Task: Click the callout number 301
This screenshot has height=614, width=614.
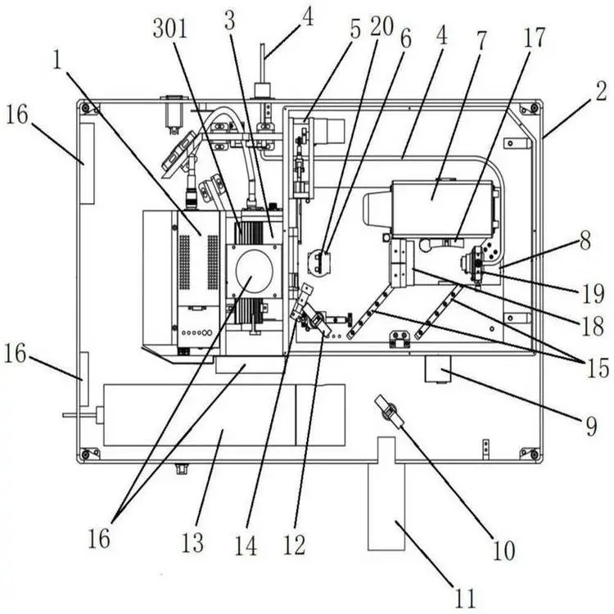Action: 170,29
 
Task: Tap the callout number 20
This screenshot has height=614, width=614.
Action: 381,27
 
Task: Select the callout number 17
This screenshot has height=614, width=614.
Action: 534,38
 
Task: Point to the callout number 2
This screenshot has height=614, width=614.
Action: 601,92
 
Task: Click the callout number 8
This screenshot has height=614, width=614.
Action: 585,241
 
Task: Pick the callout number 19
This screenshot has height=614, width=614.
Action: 593,294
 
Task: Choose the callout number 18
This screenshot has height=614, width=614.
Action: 593,326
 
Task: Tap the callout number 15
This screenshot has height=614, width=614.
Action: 598,368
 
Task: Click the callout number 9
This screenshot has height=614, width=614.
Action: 591,426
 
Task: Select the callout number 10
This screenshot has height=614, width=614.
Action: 503,551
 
